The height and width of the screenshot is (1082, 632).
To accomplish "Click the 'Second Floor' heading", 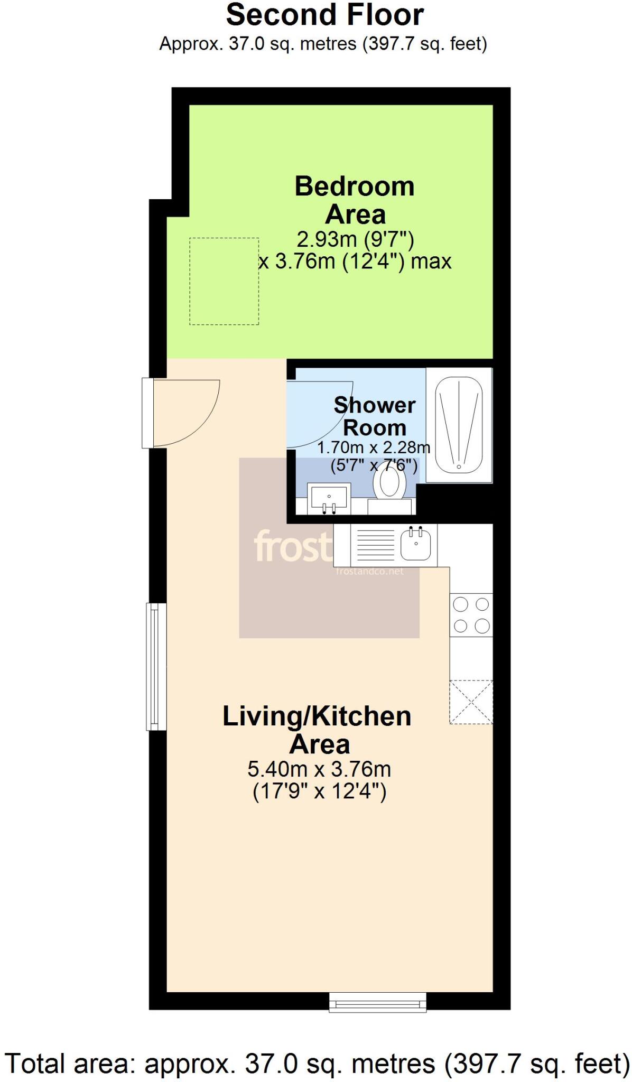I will click(324, 15).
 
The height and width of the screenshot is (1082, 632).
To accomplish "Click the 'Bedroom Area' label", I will click(355, 200).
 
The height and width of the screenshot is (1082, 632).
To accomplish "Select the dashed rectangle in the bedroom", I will click(224, 281).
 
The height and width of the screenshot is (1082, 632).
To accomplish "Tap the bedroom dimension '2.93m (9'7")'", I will click(355, 239).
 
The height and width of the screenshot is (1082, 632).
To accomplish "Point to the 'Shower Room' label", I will click(375, 416).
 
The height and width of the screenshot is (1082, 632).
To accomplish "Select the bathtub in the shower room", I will click(459, 424).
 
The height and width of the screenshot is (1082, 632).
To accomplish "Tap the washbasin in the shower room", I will click(329, 499).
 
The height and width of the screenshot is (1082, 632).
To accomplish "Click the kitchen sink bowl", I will click(416, 545).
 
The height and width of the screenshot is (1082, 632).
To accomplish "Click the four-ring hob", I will click(471, 615).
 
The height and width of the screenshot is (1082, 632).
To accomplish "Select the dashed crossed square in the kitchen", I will click(471, 702).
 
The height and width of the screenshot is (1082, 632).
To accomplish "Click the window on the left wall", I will click(156, 666).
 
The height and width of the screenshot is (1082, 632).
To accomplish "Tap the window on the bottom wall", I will click(377, 1001).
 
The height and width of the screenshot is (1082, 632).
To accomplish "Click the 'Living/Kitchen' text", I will click(317, 716).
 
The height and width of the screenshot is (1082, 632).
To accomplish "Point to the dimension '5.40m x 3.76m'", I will click(319, 769).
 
